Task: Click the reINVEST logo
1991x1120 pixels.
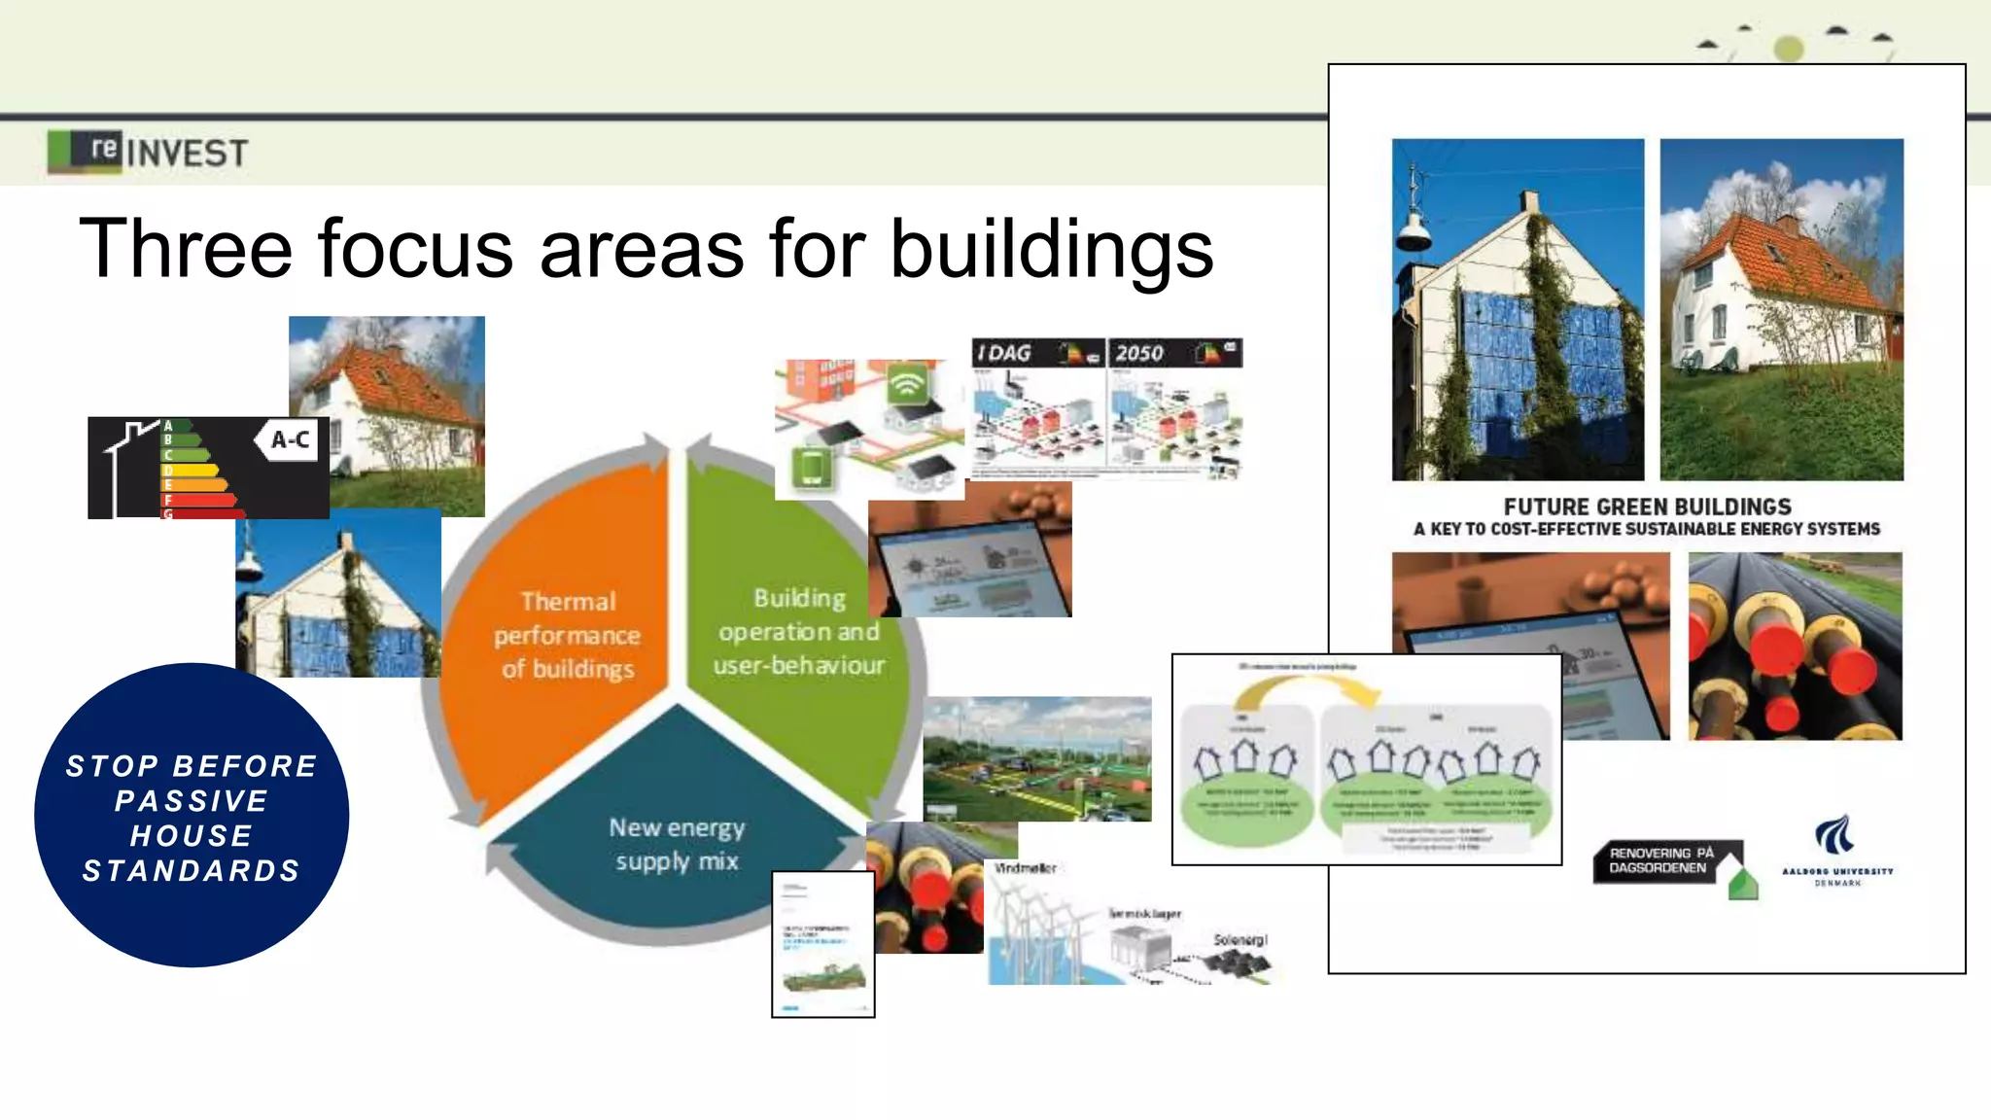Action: pyautogui.click(x=148, y=152)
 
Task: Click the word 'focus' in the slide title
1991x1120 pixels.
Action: pyautogui.click(x=415, y=249)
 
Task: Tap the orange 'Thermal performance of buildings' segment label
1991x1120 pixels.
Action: pyautogui.click(x=568, y=635)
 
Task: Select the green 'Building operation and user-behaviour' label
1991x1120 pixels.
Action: pyautogui.click(x=799, y=632)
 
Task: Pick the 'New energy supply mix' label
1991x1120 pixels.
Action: pyautogui.click(x=677, y=844)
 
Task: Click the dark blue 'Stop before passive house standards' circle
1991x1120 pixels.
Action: pyautogui.click(x=192, y=816)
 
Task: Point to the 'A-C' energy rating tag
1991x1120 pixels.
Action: pyautogui.click(x=290, y=440)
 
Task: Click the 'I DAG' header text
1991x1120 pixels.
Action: pyautogui.click(x=1004, y=353)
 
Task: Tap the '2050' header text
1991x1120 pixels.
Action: pyautogui.click(x=1139, y=353)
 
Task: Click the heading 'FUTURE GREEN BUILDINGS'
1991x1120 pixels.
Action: pyautogui.click(x=1647, y=507)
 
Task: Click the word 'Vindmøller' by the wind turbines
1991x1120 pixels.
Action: pyautogui.click(x=1025, y=868)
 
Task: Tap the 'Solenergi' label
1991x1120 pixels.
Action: pyautogui.click(x=1240, y=940)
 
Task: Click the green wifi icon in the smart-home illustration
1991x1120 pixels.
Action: pyautogui.click(x=906, y=385)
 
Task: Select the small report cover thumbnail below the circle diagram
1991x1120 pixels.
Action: pyautogui.click(x=823, y=944)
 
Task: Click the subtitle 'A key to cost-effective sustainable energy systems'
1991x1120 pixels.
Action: pyautogui.click(x=1647, y=530)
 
